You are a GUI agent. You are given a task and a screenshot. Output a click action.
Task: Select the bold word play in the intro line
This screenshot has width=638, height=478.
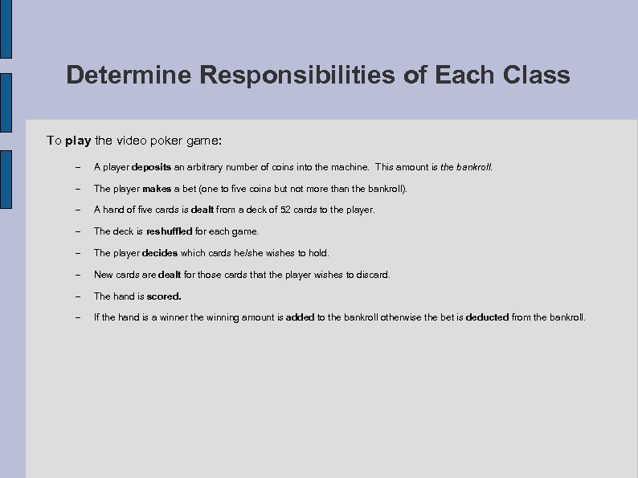[78, 141]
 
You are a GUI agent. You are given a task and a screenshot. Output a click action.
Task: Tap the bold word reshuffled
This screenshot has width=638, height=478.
[169, 231]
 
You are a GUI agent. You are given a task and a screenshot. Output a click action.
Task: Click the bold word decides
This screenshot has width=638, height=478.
[160, 253]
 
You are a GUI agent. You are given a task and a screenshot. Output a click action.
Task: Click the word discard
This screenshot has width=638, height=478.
[371, 275]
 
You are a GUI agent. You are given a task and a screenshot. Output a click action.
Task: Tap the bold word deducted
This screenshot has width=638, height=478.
[487, 317]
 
